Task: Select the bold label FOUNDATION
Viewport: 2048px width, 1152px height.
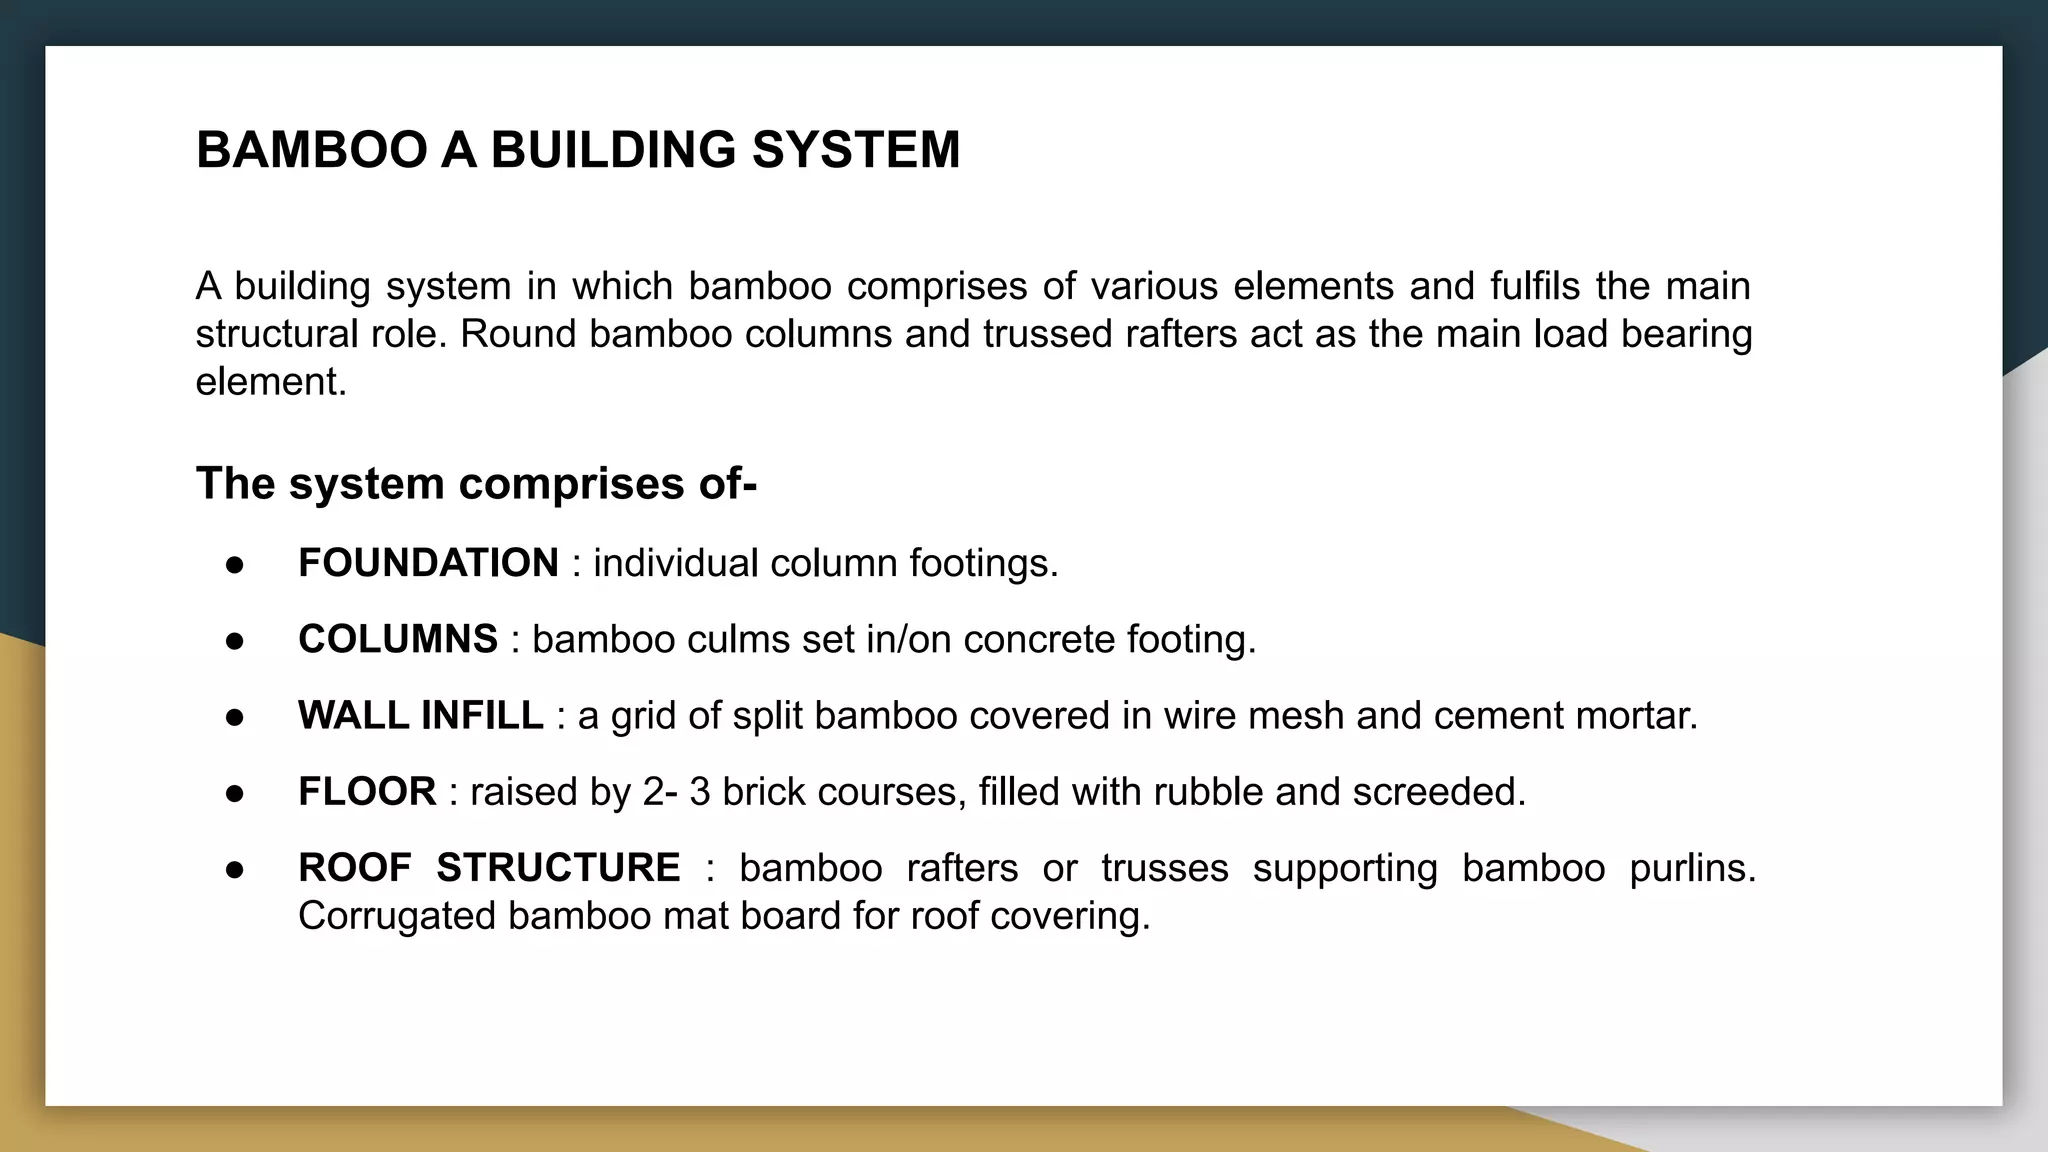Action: tap(428, 563)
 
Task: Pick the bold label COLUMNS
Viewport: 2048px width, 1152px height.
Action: tap(397, 639)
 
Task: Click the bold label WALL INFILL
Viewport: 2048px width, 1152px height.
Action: tap(420, 715)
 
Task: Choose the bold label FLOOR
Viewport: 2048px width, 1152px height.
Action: tap(366, 791)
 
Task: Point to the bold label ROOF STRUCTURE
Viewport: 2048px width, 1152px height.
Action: tap(489, 867)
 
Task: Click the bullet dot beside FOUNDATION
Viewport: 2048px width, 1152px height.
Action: tap(235, 565)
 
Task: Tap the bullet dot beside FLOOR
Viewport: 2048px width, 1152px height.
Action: tap(235, 793)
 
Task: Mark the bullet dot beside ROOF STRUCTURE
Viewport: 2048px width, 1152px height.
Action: tap(235, 869)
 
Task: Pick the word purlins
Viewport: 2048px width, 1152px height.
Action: tap(1692, 867)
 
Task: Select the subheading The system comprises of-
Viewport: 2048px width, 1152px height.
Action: tap(476, 484)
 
